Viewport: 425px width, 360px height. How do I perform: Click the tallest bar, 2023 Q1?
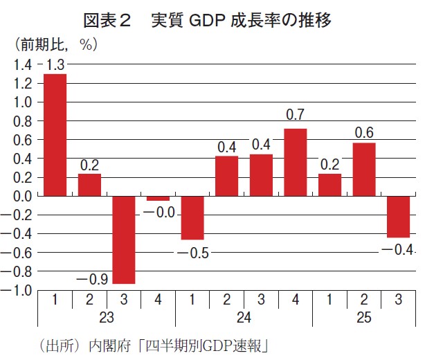pyautogui.click(x=55, y=134)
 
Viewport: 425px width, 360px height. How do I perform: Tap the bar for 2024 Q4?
pyautogui.click(x=296, y=162)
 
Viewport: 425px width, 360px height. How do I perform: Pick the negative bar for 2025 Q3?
pyautogui.click(x=398, y=217)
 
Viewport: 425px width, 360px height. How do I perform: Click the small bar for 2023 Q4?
pyautogui.click(x=158, y=198)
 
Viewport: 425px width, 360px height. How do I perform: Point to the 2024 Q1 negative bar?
pyautogui.click(x=192, y=217)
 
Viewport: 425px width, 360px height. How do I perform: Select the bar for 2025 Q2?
pyautogui.click(x=364, y=169)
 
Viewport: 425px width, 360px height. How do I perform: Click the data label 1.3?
pyautogui.click(x=55, y=65)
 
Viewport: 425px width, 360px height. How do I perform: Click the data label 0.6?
pyautogui.click(x=364, y=132)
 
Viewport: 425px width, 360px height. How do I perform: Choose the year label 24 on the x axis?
pyautogui.click(x=244, y=319)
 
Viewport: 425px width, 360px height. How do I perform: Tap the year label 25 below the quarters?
pyautogui.click(x=364, y=319)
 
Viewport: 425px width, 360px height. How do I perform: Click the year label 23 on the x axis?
pyautogui.click(x=107, y=319)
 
